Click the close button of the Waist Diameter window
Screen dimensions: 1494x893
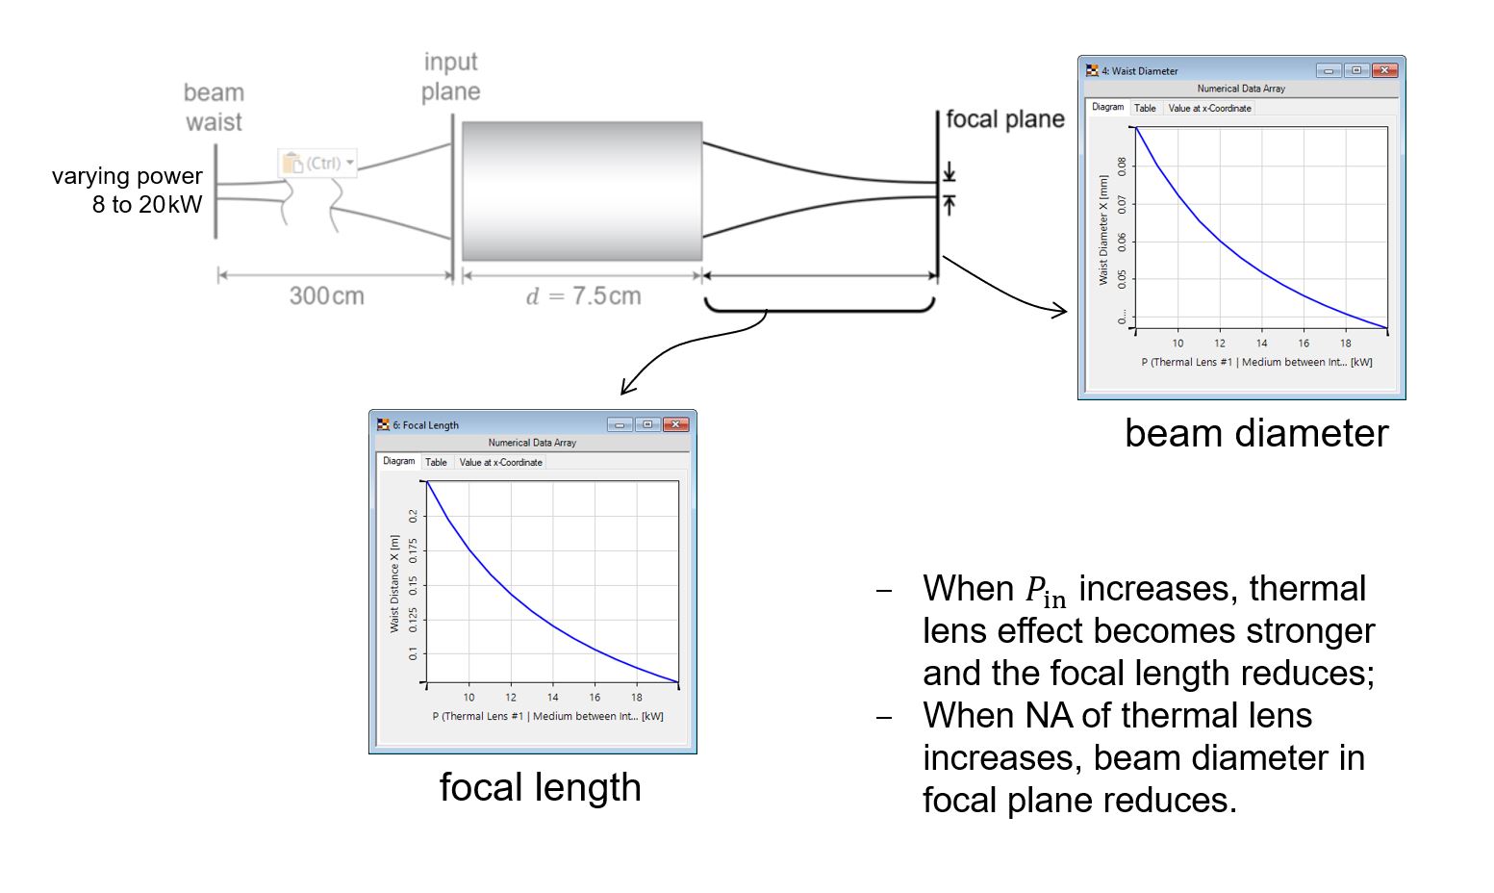(x=1384, y=70)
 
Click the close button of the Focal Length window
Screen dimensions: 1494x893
(x=675, y=424)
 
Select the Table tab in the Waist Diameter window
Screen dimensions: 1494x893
(x=1145, y=108)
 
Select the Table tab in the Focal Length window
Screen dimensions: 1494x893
(x=436, y=462)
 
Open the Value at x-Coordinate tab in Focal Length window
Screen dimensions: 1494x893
(x=501, y=462)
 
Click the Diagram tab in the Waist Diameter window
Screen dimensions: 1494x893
(x=1108, y=108)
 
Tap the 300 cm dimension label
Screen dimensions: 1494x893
(x=327, y=295)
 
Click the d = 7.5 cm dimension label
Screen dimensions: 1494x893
(x=584, y=295)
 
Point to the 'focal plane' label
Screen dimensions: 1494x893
(x=1005, y=119)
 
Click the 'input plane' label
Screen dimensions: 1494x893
(x=451, y=77)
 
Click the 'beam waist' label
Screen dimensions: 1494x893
(x=215, y=108)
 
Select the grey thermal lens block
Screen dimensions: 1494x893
(x=582, y=191)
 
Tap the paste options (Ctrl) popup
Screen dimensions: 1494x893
(x=317, y=163)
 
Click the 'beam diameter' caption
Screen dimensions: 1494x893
(x=1256, y=433)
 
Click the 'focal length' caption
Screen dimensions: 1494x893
(x=541, y=787)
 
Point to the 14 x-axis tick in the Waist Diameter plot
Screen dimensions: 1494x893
(x=1261, y=344)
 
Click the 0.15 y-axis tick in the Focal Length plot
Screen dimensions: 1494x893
(x=414, y=586)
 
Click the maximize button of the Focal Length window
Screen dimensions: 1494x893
(x=647, y=424)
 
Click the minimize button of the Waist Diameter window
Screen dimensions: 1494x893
(x=1329, y=70)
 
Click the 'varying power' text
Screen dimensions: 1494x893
(x=127, y=176)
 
